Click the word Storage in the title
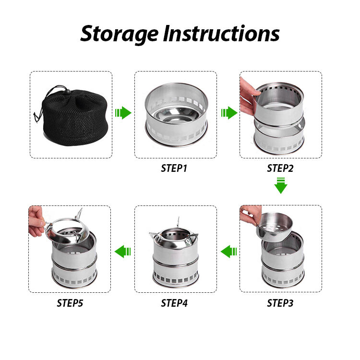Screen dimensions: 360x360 tap(120, 34)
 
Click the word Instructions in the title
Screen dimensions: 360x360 tap(221, 34)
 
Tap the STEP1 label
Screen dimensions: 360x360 tap(174, 168)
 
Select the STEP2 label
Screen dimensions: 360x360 tap(280, 168)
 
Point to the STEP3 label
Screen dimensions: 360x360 tap(280, 303)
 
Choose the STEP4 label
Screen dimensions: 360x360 tap(174, 303)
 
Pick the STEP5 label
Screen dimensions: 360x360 tap(70, 303)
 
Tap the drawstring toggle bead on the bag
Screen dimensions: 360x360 tap(68, 92)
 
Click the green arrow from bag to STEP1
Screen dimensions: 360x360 tap(123, 113)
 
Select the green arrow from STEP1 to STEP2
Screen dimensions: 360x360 tap(229, 113)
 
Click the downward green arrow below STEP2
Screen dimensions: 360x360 tap(281, 185)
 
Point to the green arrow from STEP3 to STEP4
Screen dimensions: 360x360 tap(228, 252)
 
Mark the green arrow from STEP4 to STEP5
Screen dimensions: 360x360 tap(122, 252)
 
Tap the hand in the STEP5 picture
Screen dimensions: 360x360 tap(36, 222)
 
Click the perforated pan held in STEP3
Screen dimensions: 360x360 tap(275, 227)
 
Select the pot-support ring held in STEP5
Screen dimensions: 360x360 tap(67, 229)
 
